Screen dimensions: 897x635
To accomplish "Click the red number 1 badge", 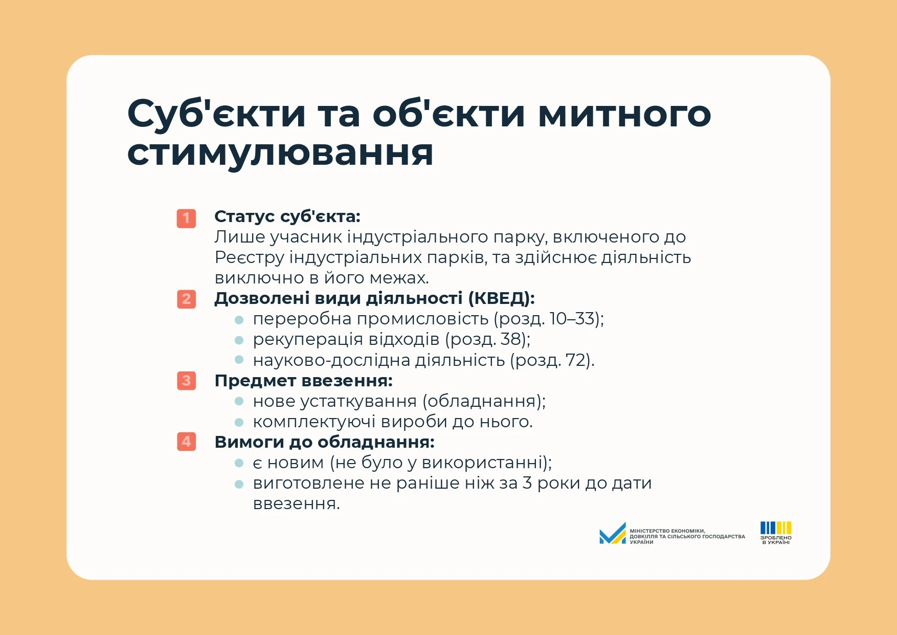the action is [x=186, y=218].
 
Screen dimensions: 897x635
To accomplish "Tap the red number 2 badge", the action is [x=186, y=299].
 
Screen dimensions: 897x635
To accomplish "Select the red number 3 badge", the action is [x=186, y=381].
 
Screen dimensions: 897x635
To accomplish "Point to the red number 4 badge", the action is [x=186, y=442].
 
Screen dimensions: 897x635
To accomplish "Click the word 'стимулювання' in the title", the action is [x=280, y=154].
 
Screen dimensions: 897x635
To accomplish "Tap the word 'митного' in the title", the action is [x=624, y=114].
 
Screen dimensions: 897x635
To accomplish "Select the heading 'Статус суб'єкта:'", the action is [x=287, y=216].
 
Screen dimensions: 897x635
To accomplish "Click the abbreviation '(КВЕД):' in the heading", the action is [x=501, y=298].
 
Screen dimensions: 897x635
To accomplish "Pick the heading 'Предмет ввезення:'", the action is [x=304, y=381].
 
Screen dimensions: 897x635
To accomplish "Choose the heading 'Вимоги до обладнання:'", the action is [x=325, y=442].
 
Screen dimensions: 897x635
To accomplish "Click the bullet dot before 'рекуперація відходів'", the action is [x=239, y=340].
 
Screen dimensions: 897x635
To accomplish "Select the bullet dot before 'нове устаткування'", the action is [x=239, y=402].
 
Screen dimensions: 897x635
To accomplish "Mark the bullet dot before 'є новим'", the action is [x=239, y=463].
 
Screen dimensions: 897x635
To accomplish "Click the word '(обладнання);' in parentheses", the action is [x=484, y=401].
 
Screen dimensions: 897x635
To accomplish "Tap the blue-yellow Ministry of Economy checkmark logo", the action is [x=613, y=533].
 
